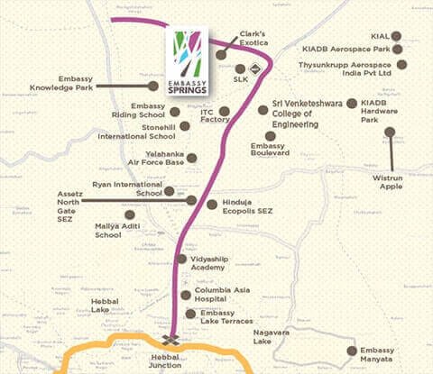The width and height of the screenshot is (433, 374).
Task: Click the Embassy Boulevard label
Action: (267, 151)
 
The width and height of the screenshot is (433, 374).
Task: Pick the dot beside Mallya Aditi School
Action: (130, 215)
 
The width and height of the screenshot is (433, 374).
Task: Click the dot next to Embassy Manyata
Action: (351, 352)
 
